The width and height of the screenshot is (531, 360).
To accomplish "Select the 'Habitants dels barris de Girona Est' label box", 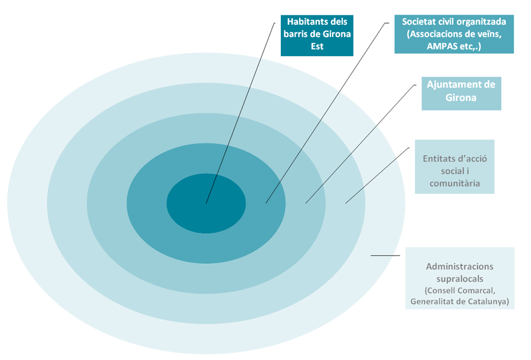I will click(x=317, y=35).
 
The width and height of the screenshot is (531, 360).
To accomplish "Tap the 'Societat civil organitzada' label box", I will click(x=454, y=34).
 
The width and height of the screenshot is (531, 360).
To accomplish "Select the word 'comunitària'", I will click(x=454, y=184).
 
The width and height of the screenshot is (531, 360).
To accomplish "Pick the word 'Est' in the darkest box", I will click(x=317, y=47).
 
